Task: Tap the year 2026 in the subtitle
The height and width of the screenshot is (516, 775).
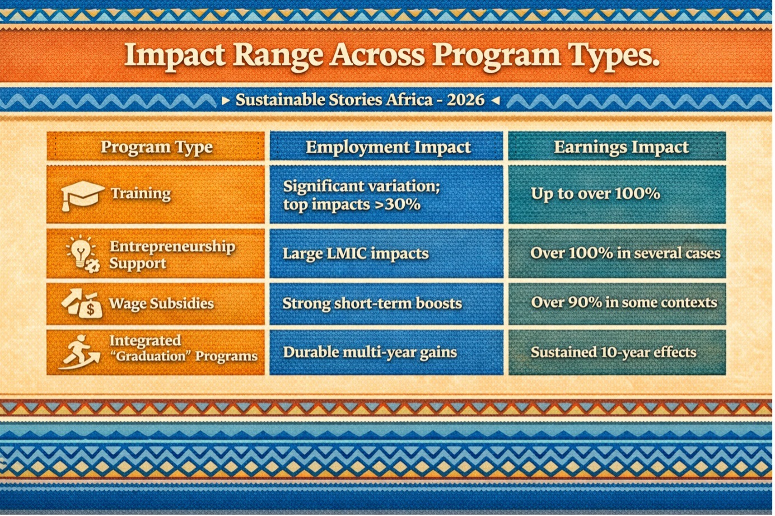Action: (x=465, y=100)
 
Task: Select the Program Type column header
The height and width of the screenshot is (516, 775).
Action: (x=156, y=147)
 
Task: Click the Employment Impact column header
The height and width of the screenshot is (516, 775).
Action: (x=388, y=147)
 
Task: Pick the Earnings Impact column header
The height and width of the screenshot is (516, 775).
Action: (x=621, y=147)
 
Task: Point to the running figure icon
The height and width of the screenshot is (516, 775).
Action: (x=80, y=352)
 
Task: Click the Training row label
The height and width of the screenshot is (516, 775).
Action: (x=141, y=194)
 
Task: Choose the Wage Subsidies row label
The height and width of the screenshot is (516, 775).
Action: (x=161, y=304)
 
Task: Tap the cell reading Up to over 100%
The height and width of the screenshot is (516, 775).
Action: (x=595, y=194)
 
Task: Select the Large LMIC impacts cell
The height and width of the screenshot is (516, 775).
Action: (x=356, y=254)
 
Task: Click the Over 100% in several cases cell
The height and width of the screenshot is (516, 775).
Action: (x=625, y=253)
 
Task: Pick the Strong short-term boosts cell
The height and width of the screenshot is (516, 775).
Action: (x=372, y=304)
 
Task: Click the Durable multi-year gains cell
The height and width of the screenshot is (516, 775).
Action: (x=370, y=353)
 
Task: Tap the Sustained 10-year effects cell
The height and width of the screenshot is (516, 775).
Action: (x=613, y=353)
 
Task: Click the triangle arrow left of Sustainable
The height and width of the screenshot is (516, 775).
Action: (x=226, y=101)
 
